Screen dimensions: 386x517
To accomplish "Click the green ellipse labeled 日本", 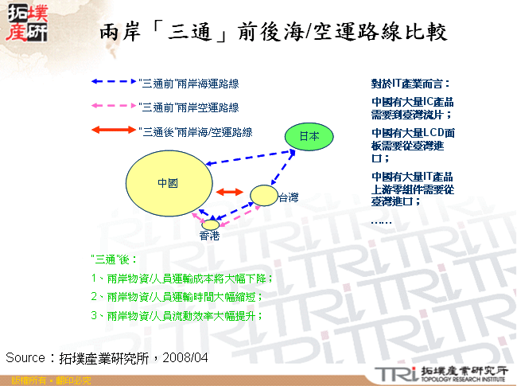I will pos(309,137).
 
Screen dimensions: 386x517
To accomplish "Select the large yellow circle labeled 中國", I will pos(169,182).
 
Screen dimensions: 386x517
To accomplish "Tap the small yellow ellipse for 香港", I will pos(211,224).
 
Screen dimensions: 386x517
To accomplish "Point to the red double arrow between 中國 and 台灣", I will pos(231,193).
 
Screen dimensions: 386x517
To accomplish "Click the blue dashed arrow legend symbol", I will pos(113,82).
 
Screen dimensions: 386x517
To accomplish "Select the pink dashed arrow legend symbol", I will pos(113,107).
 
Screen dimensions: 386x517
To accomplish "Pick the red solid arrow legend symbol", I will pos(113,131).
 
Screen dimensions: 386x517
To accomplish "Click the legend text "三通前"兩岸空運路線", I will pos(189,107).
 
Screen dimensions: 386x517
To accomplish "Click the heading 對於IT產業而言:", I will pos(410,83).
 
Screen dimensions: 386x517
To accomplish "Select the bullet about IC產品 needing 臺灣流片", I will pos(412,108).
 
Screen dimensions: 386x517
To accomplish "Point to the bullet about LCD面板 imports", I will pos(413,145).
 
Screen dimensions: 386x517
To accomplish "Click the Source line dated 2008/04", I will pos(107,358).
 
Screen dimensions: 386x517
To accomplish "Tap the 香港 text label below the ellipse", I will pos(209,236).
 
